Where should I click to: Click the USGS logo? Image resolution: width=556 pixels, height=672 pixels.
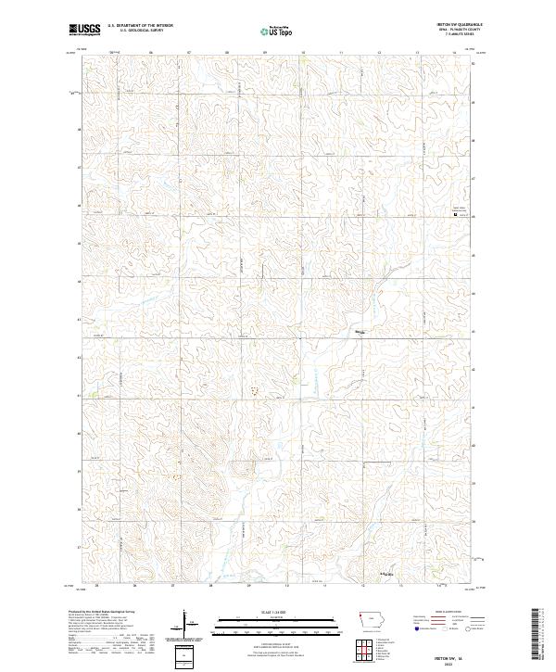point(84,30)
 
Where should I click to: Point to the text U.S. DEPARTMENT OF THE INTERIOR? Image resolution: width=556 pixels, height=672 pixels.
point(141,26)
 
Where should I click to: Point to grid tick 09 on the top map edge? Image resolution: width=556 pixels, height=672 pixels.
point(265,54)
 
